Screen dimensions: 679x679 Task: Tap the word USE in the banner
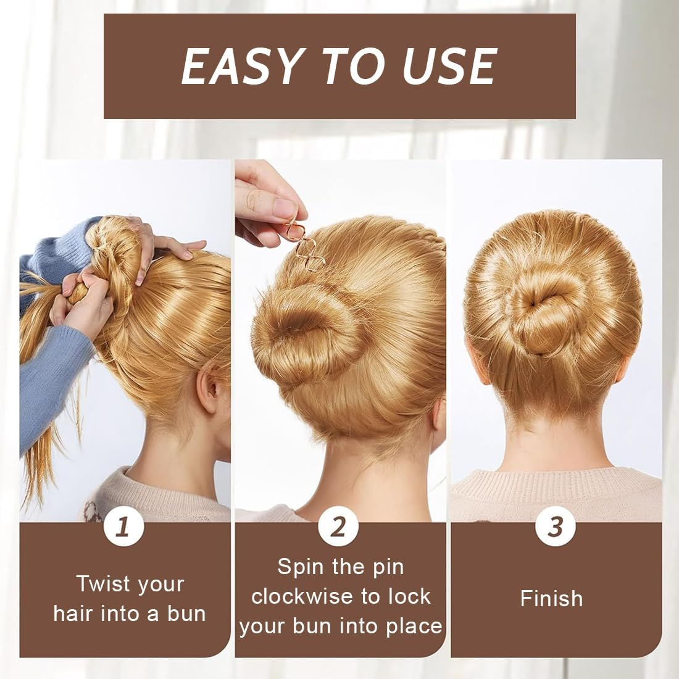coord(449,66)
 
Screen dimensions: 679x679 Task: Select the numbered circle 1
coord(124,526)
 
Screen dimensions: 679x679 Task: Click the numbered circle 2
coord(338,526)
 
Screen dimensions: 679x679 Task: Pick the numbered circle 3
coord(555,526)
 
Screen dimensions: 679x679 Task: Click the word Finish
coord(551,599)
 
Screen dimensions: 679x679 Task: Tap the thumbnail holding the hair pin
coord(285,209)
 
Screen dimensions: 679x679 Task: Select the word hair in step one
coord(72,614)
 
